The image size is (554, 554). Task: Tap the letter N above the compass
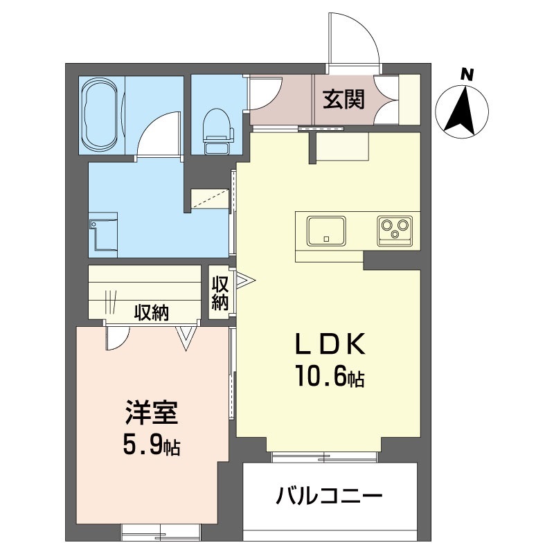468,74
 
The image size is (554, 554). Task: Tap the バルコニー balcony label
330,496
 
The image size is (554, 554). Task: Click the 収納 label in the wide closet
152,313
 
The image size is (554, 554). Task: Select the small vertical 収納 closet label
221,293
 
